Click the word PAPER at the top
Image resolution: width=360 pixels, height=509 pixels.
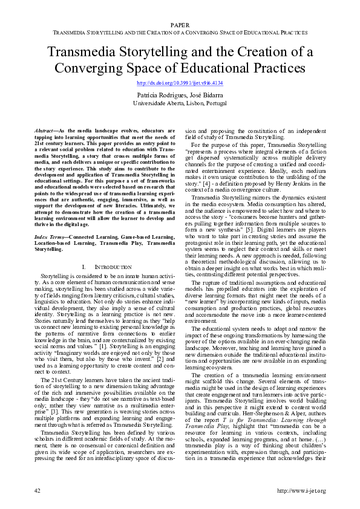(180, 25)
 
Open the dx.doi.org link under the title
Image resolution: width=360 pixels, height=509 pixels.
(180, 83)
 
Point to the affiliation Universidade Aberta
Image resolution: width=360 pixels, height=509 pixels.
(162, 103)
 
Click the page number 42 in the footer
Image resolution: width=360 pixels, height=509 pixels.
(38, 490)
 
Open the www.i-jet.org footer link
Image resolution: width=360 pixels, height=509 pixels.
(301, 490)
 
